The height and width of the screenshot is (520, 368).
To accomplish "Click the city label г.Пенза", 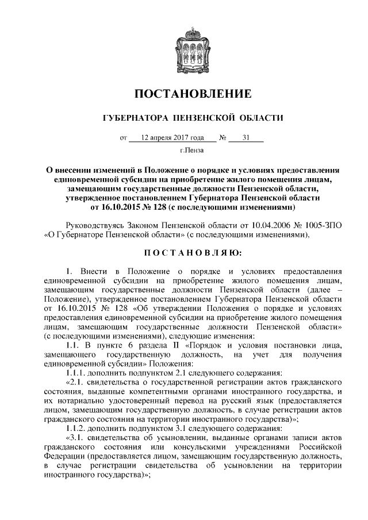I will point(192,151).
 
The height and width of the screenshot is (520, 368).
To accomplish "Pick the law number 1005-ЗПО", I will point(320,225).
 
